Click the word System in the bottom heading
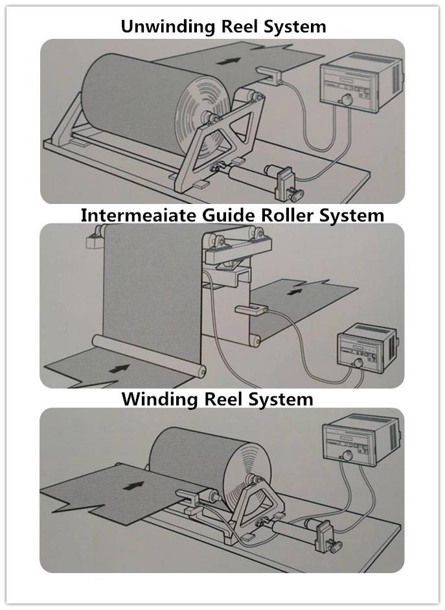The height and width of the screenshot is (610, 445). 282,398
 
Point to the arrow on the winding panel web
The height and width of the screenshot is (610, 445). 134,484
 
